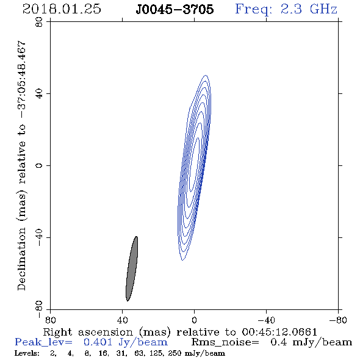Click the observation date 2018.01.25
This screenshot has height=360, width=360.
pyautogui.click(x=62, y=9)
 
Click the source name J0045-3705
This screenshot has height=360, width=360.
pyautogui.click(x=175, y=10)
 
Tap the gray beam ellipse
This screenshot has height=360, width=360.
pyautogui.click(x=132, y=268)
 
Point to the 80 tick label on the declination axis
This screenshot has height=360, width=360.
pyautogui.click(x=39, y=22)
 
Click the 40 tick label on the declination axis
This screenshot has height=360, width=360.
pyautogui.click(x=39, y=94)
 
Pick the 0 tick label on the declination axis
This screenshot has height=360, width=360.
pyautogui.click(x=39, y=165)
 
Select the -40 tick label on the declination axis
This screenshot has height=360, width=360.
pyautogui.click(x=39, y=237)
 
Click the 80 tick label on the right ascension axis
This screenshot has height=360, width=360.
pyautogui.click(x=50, y=320)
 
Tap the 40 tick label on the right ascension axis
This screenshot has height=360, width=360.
pyautogui.click(x=122, y=320)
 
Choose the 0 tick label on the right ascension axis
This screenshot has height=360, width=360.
pyautogui.click(x=194, y=320)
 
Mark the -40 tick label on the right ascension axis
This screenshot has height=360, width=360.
pyautogui.click(x=266, y=320)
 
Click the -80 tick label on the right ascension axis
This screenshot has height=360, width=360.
pyautogui.click(x=338, y=320)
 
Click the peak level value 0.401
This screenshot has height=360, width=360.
pyautogui.click(x=98, y=342)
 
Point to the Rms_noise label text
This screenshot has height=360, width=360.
pyautogui.click(x=225, y=342)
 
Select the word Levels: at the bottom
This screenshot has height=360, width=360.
pyautogui.click(x=27, y=353)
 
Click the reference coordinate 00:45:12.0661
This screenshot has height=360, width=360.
pyautogui.click(x=279, y=332)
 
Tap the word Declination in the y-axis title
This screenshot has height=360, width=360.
pyautogui.click(x=21, y=259)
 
